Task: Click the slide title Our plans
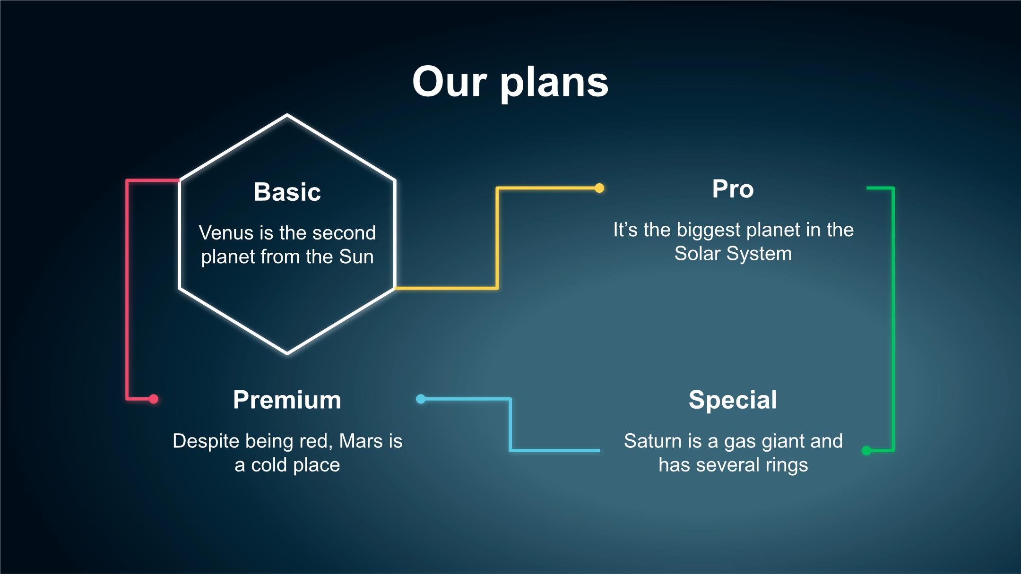pyautogui.click(x=510, y=82)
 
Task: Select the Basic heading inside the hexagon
pyautogui.click(x=287, y=192)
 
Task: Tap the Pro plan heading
pyautogui.click(x=733, y=189)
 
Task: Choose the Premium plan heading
pyautogui.click(x=287, y=400)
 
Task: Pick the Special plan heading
pyautogui.click(x=733, y=400)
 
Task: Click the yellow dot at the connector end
pyautogui.click(x=599, y=188)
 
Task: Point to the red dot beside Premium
pyautogui.click(x=154, y=399)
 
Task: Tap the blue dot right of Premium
pyautogui.click(x=421, y=399)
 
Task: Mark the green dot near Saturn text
pyautogui.click(x=866, y=450)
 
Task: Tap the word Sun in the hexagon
pyautogui.click(x=356, y=257)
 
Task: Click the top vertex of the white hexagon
pyautogui.click(x=287, y=115)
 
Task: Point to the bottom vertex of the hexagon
pyautogui.click(x=287, y=353)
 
